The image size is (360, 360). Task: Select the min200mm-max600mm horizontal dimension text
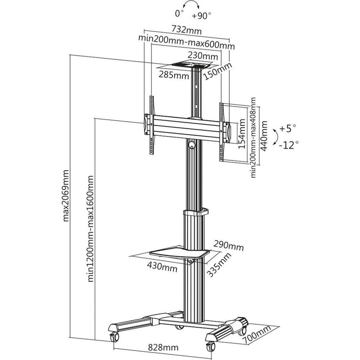(186, 41)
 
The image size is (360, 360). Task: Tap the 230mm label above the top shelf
(202, 56)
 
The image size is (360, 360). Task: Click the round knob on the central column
(192, 145)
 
